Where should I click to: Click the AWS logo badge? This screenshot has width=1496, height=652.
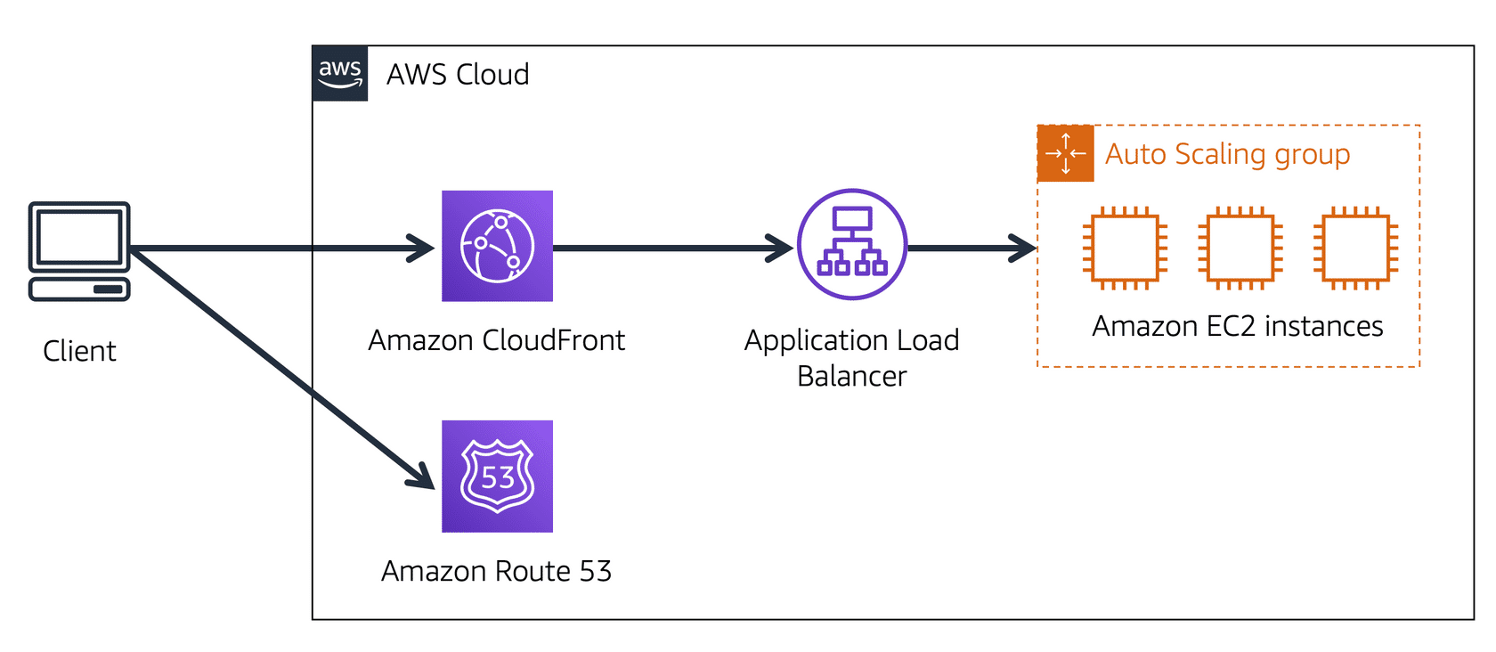click(340, 73)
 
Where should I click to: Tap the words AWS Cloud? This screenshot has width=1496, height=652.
click(458, 74)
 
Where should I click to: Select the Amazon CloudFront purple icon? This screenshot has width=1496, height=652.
click(497, 246)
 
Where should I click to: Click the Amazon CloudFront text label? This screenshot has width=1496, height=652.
click(496, 340)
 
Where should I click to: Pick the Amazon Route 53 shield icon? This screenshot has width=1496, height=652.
click(497, 477)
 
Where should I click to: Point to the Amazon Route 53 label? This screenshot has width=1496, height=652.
click(496, 571)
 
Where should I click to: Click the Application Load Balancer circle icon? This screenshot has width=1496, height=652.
click(852, 244)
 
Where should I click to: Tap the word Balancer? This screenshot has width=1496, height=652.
click(851, 377)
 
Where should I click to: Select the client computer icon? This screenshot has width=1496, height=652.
click(79, 251)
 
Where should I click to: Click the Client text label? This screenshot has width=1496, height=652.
click(79, 351)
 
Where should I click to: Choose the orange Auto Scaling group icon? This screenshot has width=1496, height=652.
click(1066, 153)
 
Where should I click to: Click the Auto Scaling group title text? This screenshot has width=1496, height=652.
click(1227, 154)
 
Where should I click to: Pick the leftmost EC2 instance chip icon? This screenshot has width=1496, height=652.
click(1125, 249)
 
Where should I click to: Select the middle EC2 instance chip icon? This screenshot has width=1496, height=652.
click(1240, 249)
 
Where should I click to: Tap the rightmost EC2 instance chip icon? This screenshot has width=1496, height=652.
click(1355, 249)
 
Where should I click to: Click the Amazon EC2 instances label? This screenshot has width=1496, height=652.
click(1238, 327)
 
